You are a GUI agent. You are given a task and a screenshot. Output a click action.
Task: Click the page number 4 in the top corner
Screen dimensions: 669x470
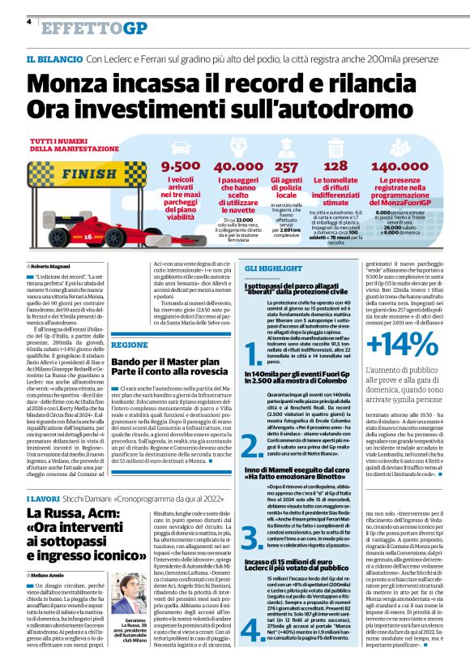pyautogui.click(x=28, y=22)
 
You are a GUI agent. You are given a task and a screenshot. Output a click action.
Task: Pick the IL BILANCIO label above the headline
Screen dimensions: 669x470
pyautogui.click(x=54, y=59)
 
